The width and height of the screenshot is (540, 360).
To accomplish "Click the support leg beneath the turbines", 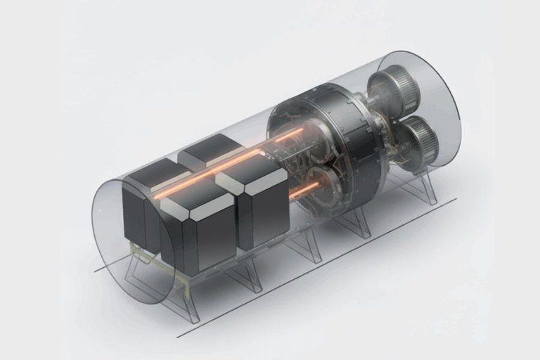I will (415, 186).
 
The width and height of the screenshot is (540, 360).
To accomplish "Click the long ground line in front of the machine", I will (316, 267).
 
